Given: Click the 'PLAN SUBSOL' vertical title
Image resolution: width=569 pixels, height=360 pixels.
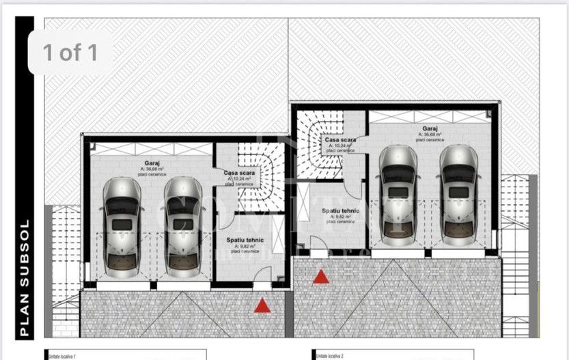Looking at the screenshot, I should (25, 278).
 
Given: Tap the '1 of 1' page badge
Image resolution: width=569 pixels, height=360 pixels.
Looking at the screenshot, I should (70, 53).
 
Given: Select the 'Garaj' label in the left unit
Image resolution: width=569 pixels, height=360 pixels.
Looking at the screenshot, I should (152, 163).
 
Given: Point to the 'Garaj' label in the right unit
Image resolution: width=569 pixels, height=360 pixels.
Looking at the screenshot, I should (430, 128).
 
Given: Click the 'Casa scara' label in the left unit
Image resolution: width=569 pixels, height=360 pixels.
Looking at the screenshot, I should (239, 173).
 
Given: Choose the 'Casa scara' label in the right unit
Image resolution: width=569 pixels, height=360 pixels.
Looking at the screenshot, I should (339, 139).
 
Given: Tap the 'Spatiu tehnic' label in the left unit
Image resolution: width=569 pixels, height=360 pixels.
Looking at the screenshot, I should (245, 240).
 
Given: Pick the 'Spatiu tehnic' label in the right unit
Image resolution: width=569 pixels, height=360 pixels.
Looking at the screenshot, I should (341, 211).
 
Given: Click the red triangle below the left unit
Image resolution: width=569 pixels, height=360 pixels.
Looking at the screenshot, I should (262, 306).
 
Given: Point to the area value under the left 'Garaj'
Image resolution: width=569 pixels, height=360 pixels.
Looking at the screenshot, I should (152, 170).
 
